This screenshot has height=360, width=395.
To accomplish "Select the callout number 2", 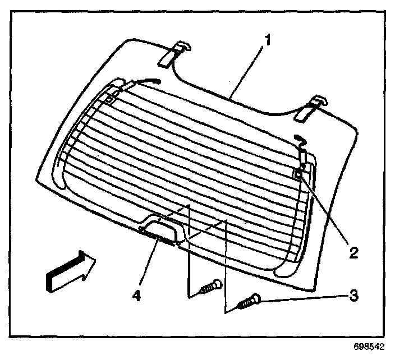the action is [352, 252].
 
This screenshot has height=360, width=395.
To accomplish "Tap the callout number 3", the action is [352, 293].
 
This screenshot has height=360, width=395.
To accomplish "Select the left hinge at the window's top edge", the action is [174, 53].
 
